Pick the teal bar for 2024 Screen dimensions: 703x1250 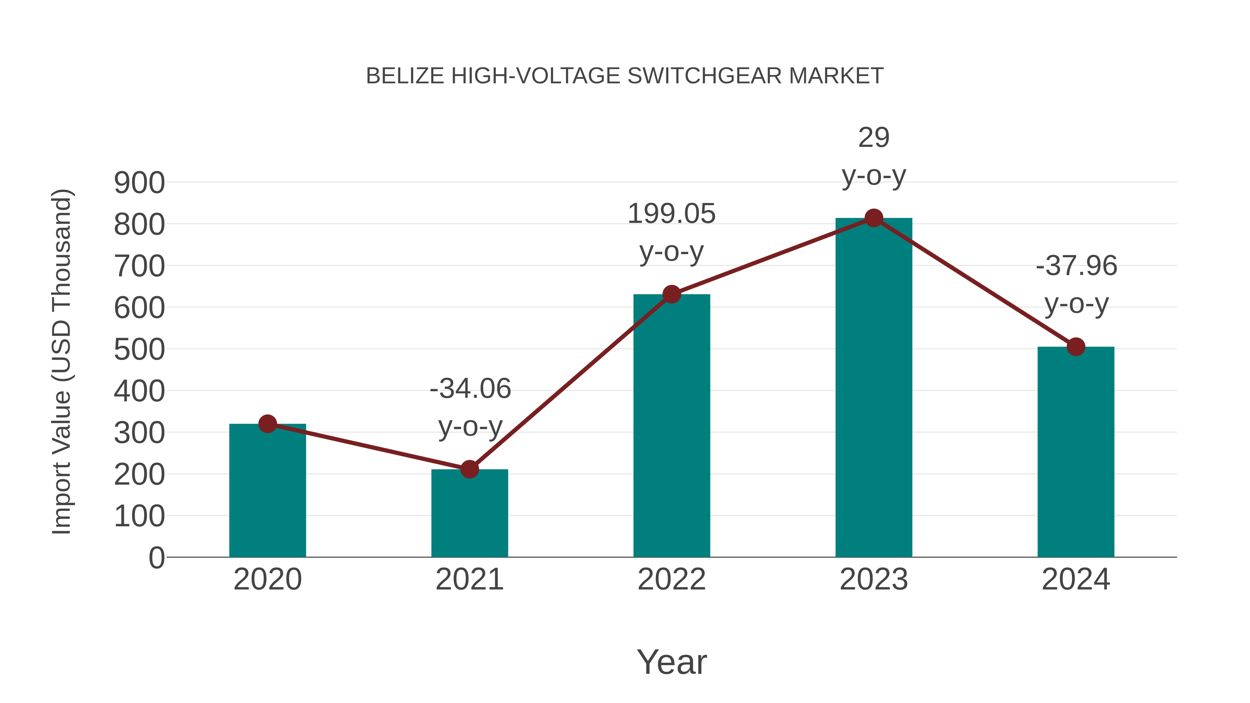1075,451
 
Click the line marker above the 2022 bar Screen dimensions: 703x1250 672,294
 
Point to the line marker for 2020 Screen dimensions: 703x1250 267,424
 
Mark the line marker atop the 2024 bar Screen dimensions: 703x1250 1075,346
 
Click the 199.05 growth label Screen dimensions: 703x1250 671,214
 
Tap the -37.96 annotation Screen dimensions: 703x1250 1076,266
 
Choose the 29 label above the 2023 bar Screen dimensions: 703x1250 874,138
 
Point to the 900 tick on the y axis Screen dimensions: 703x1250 139,183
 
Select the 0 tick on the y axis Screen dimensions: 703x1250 156,558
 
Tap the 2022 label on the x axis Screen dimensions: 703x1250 672,579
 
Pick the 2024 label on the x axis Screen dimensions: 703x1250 1075,579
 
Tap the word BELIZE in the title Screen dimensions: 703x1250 405,76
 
